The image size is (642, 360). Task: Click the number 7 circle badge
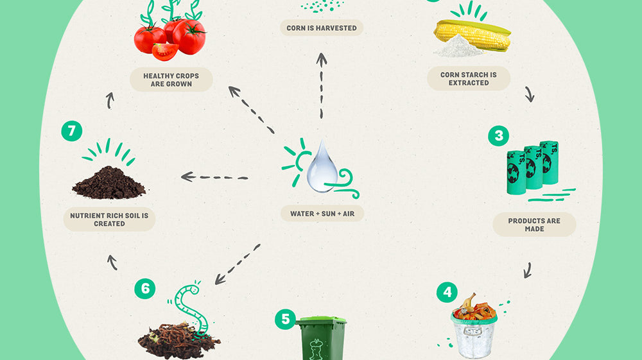pos(71,132)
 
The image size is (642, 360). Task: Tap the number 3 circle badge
pos(498,136)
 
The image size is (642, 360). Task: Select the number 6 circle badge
pos(144,289)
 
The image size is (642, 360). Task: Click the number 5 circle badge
pos(285,319)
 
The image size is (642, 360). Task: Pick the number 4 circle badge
pos(447,293)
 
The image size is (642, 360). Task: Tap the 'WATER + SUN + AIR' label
pos(322,213)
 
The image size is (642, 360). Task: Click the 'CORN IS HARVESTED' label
pos(322,28)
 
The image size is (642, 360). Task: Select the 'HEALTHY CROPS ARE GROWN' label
pos(171,80)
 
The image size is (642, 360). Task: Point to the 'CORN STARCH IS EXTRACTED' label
pos(469,79)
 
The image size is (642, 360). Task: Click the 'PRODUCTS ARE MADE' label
pos(534,225)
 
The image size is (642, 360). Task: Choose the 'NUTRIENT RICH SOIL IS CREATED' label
pos(109,219)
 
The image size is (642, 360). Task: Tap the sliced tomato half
pos(165,51)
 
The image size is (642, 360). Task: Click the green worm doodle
pos(192,308)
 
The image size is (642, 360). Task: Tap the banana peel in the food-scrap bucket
pos(469,302)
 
